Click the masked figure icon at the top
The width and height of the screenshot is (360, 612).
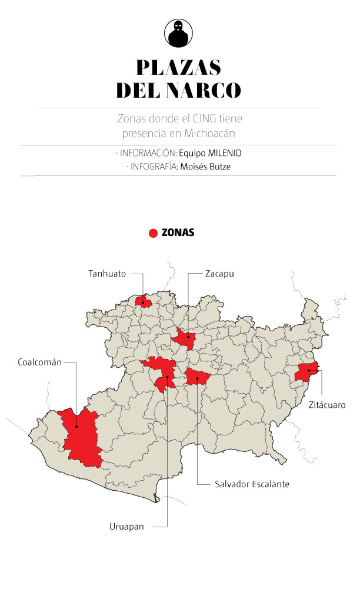(x=179, y=33)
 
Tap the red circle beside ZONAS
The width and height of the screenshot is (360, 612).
(x=153, y=233)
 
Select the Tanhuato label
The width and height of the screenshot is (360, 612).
(x=107, y=274)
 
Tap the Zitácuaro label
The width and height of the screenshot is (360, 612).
(x=326, y=405)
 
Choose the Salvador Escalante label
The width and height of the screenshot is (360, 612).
(x=252, y=484)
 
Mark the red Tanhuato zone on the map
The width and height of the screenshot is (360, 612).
(x=143, y=302)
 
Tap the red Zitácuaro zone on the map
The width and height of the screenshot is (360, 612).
(x=307, y=371)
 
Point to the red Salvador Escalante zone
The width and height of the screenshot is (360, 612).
(x=197, y=377)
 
